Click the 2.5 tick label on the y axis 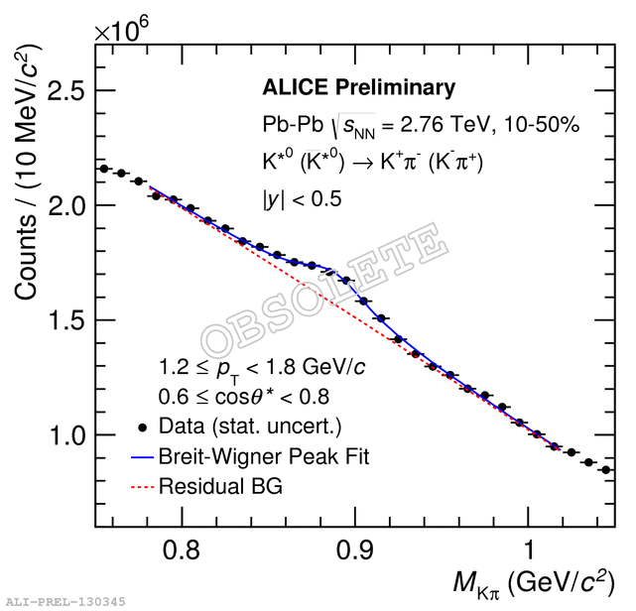click(x=62, y=91)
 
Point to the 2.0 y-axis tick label click(x=62, y=206)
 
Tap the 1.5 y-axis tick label click(x=62, y=320)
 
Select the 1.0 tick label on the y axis click(x=62, y=435)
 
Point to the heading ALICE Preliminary click(x=358, y=88)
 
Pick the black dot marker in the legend click(x=143, y=428)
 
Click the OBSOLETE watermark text click(x=322, y=288)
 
